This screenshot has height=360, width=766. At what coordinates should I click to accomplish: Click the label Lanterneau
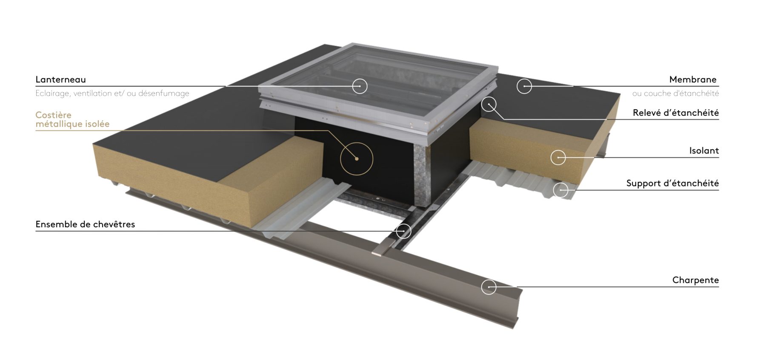pos(60,80)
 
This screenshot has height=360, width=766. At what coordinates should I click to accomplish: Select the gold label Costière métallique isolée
pos(72,120)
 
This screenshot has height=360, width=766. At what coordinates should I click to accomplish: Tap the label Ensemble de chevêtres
pos(85,224)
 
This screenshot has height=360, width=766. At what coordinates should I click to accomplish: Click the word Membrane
pos(693,80)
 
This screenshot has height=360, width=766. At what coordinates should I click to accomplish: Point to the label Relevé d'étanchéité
pos(676,113)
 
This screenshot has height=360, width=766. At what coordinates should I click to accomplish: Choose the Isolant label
pos(704,151)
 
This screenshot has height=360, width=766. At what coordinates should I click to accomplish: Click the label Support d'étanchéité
pos(672,183)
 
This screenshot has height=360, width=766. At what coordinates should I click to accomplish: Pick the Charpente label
pos(695,280)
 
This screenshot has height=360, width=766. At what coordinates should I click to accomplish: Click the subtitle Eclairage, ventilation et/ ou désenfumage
pos(112,93)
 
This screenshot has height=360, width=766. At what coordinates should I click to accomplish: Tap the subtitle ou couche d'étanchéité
pos(675,93)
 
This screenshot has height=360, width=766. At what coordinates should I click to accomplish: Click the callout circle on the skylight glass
pos(360,79)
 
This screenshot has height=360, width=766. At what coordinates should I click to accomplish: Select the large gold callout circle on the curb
pos(357,143)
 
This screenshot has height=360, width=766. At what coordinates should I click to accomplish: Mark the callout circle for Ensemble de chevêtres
pos(403,224)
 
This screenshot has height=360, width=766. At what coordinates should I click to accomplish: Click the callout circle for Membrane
pos(524,79)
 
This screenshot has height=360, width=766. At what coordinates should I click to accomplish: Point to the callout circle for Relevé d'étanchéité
pos(489,97)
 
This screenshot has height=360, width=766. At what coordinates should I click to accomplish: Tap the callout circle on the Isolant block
pos(558,150)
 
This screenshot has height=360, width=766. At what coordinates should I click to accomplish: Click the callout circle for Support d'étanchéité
pos(561,183)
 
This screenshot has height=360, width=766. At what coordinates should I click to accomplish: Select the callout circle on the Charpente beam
pos(489,280)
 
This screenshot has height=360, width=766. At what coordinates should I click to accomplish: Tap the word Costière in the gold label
pos(53,115)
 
